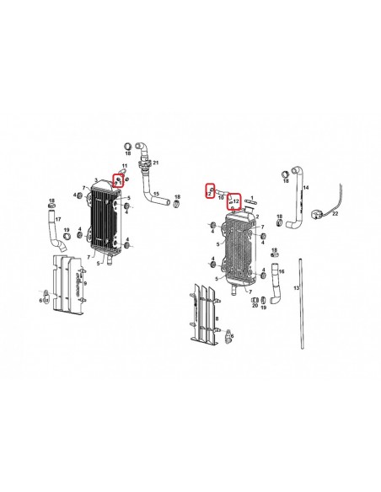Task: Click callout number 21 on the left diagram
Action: point(156,162)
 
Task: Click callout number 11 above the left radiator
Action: point(125,166)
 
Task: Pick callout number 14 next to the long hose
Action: point(306,188)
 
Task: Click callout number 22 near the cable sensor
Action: point(335,214)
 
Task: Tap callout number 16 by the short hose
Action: point(283,272)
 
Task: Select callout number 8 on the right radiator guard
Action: point(217,321)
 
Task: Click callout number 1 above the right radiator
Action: point(251,194)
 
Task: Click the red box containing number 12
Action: point(236,200)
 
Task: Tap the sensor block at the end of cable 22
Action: point(318,212)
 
